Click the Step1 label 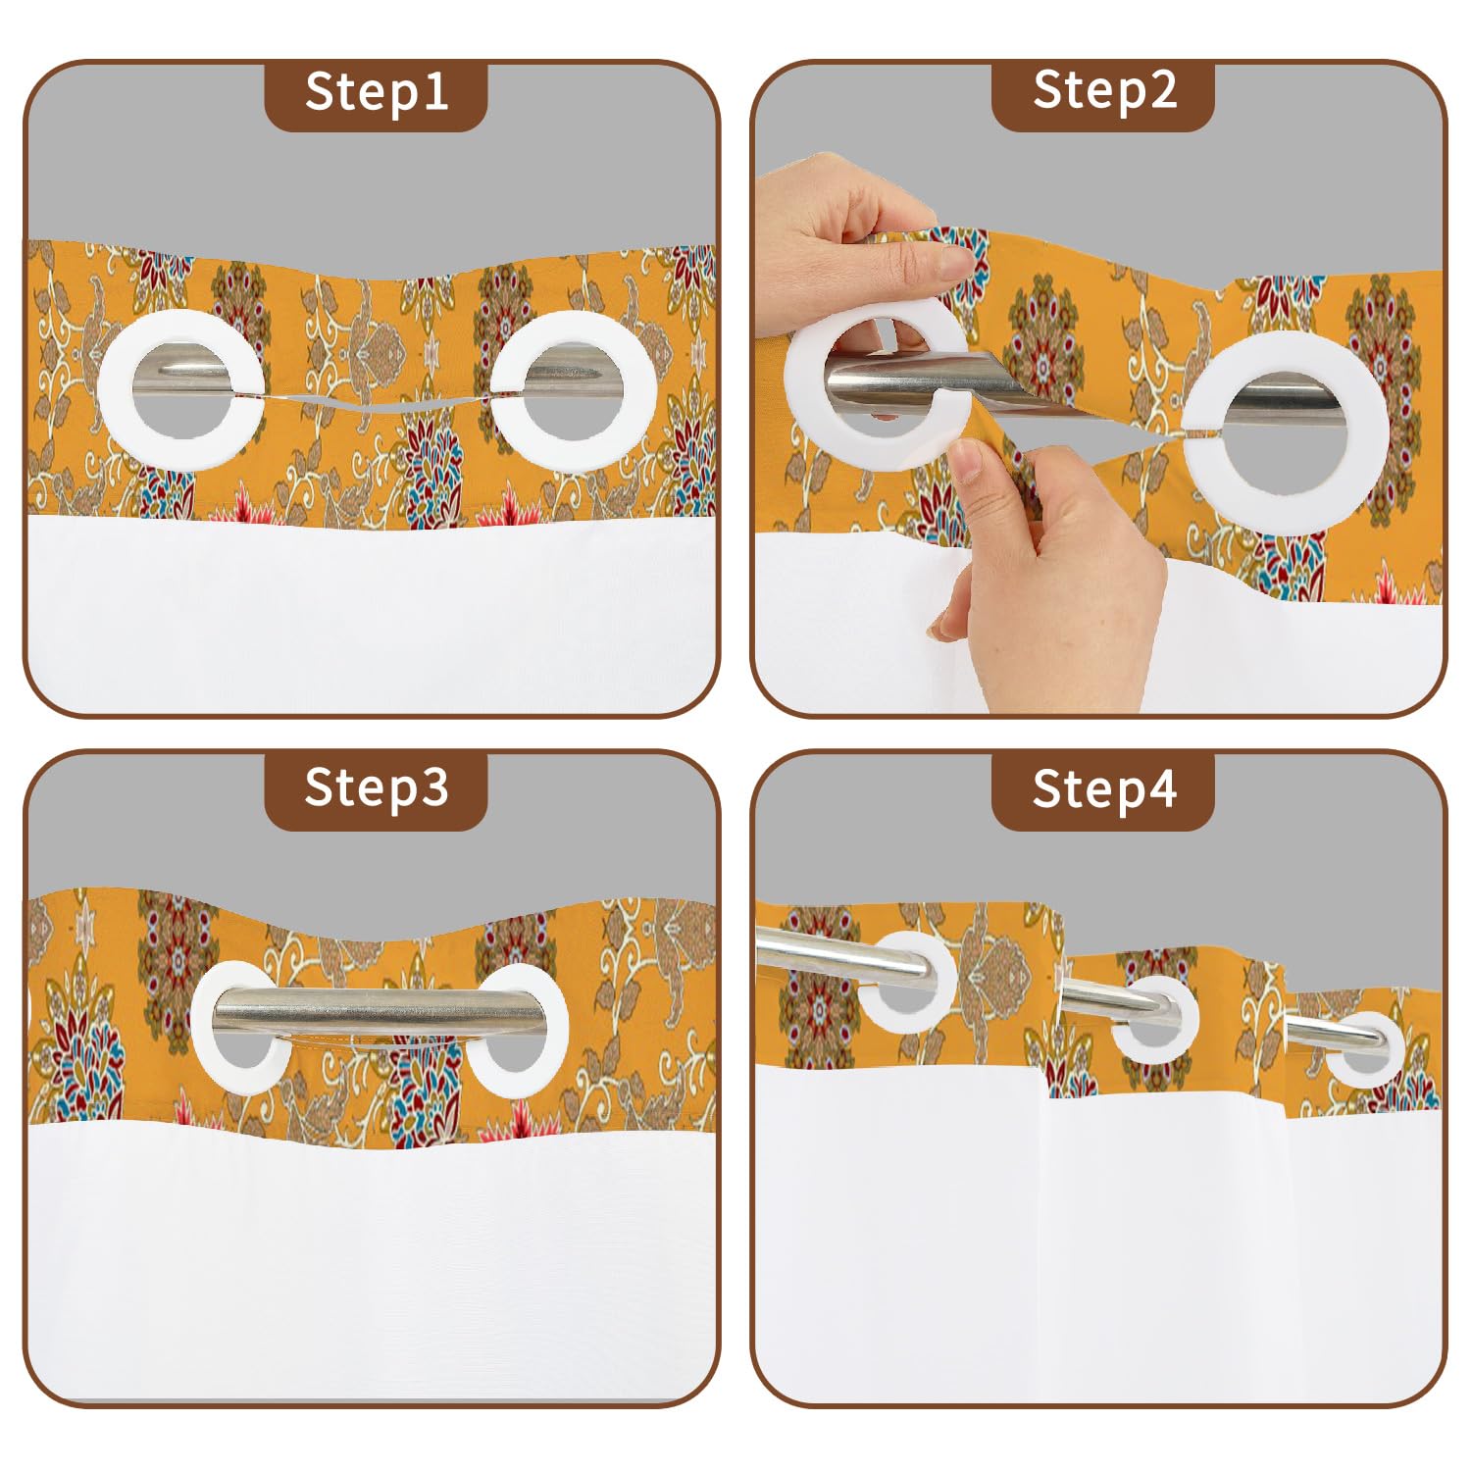click(x=377, y=93)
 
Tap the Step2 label click(x=1103, y=91)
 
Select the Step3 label click(x=377, y=788)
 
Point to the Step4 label click(x=1103, y=788)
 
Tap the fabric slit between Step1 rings click(x=378, y=400)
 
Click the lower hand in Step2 click(x=1049, y=579)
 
